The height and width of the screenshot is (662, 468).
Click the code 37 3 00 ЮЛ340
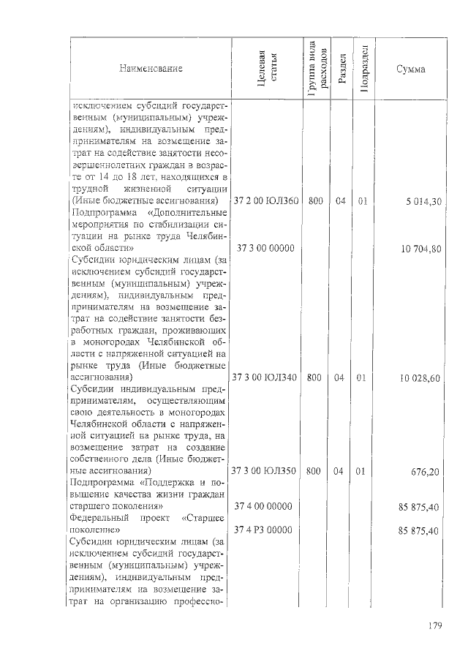pos(264,378)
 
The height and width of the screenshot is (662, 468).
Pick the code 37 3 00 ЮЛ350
pos(264,472)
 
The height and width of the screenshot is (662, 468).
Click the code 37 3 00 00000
pos(264,248)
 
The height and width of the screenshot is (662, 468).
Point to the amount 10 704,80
pos(420,249)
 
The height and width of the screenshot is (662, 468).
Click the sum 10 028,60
pos(420,379)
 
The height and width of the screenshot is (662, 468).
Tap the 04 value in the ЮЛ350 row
pos(339,472)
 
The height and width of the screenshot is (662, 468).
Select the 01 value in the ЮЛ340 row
pos(362,378)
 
